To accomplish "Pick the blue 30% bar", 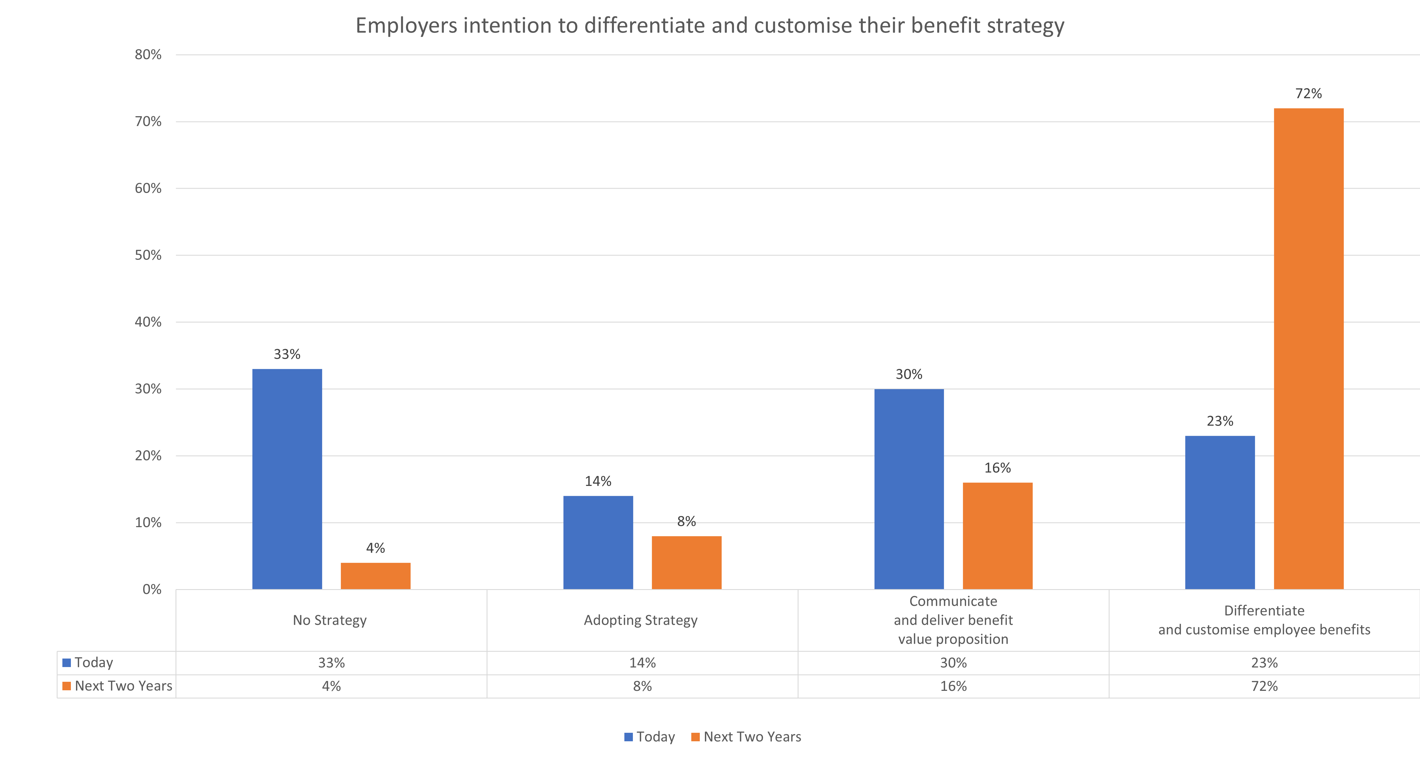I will point(909,489).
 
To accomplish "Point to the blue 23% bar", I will point(1220,512).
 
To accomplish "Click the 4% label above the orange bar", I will point(375,548).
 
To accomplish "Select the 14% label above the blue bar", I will point(598,481).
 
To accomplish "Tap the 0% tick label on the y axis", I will point(152,589).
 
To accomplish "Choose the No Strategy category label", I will point(330,620).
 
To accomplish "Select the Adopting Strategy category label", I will point(641,620).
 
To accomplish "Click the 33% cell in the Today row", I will point(331,663).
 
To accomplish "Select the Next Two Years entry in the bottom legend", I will point(752,737).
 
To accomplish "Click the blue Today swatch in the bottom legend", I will point(628,737).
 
